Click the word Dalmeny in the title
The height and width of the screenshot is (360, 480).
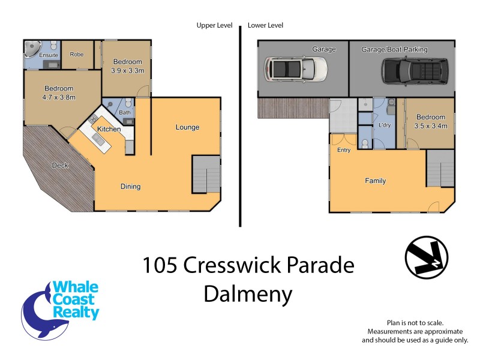pos(248,293)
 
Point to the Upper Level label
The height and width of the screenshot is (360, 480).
pos(214,26)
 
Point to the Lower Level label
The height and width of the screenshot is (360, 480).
pos(265,26)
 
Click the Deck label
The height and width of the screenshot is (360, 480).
pos(59,165)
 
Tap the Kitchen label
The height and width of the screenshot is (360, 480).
pos(109,129)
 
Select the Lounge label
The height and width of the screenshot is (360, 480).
pos(187,127)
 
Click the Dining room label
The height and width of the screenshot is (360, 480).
pos(130,187)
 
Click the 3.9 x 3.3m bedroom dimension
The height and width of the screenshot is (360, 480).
pos(127,70)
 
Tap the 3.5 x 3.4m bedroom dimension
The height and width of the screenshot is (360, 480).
pos(431,126)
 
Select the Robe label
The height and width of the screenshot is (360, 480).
pos(76,55)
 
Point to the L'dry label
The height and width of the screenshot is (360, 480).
pos(385,125)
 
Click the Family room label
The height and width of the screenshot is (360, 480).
pos(376,181)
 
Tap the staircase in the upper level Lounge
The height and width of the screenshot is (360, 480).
pos(206,174)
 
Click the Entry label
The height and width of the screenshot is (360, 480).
pos(344,150)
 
